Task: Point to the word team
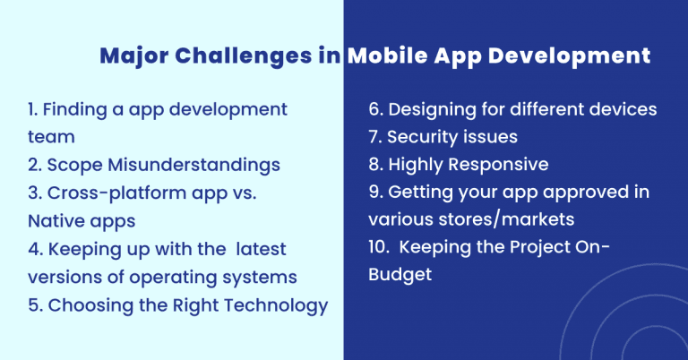tap(51, 138)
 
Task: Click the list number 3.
tap(33, 193)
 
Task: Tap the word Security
tap(422, 138)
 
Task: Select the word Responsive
tap(496, 166)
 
